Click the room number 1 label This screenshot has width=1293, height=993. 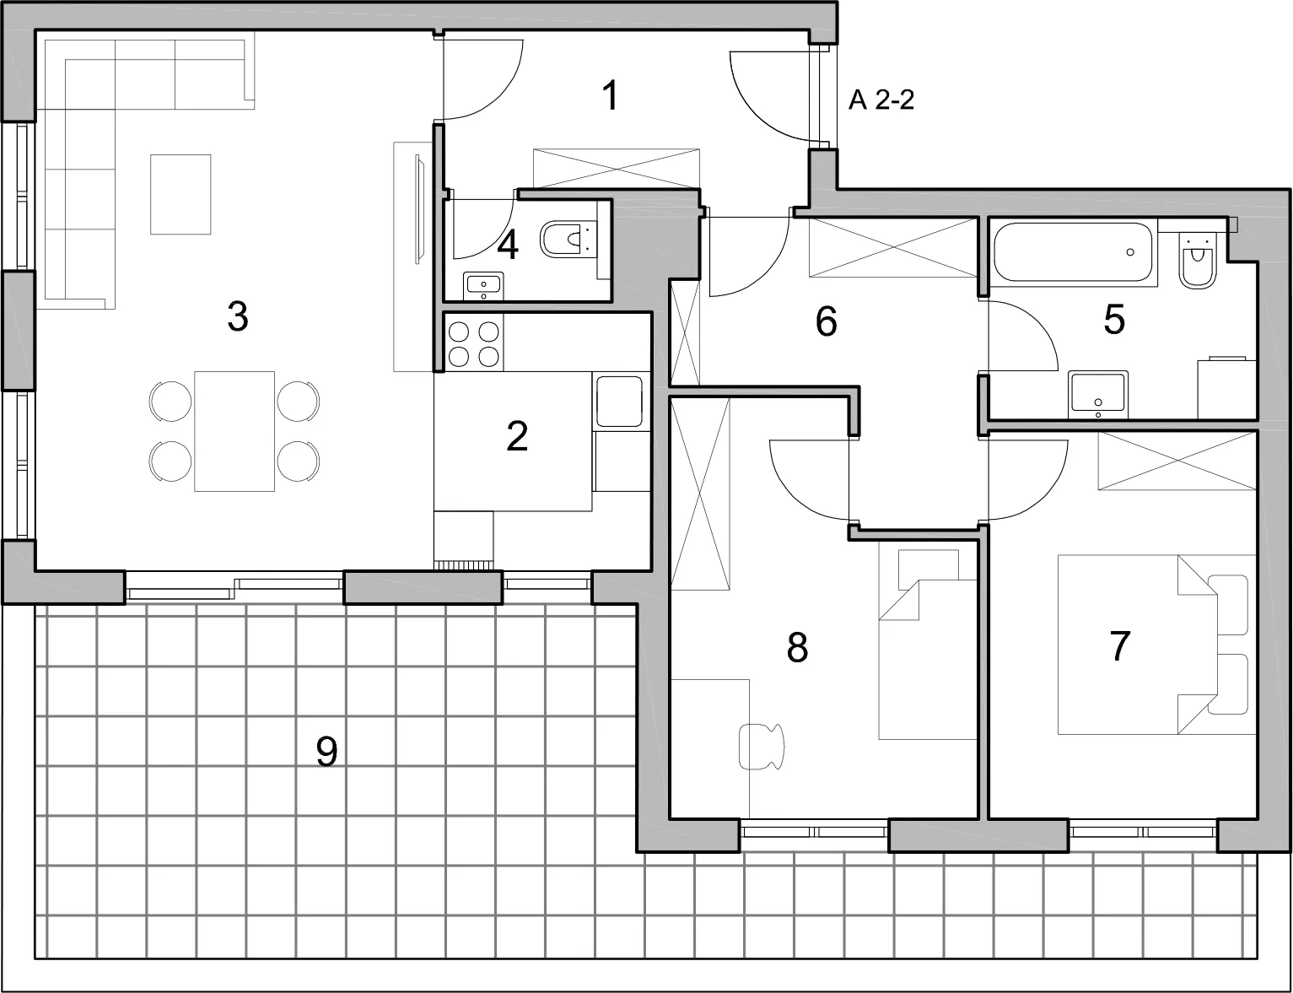[611, 95]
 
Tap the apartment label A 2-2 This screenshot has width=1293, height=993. [881, 100]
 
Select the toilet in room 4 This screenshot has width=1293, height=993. [568, 239]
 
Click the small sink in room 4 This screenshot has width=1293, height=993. [483, 286]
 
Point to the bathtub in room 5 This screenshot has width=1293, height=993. [1073, 251]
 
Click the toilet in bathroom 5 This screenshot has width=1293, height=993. [1198, 262]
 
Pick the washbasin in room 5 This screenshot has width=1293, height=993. [1098, 394]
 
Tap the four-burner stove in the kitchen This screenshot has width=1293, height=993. [474, 343]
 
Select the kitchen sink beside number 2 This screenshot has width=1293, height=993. [619, 402]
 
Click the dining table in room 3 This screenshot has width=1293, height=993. [234, 431]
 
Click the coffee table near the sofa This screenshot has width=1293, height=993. [180, 194]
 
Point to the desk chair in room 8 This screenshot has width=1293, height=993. [761, 746]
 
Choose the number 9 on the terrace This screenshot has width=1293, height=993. [326, 752]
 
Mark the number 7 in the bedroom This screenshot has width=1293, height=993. [1120, 647]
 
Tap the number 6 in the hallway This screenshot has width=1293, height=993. [826, 321]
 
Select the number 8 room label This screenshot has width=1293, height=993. [797, 647]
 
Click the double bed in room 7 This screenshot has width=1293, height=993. [1156, 645]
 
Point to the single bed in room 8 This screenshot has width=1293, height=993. [928, 645]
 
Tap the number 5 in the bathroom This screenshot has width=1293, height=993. [1114, 320]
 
